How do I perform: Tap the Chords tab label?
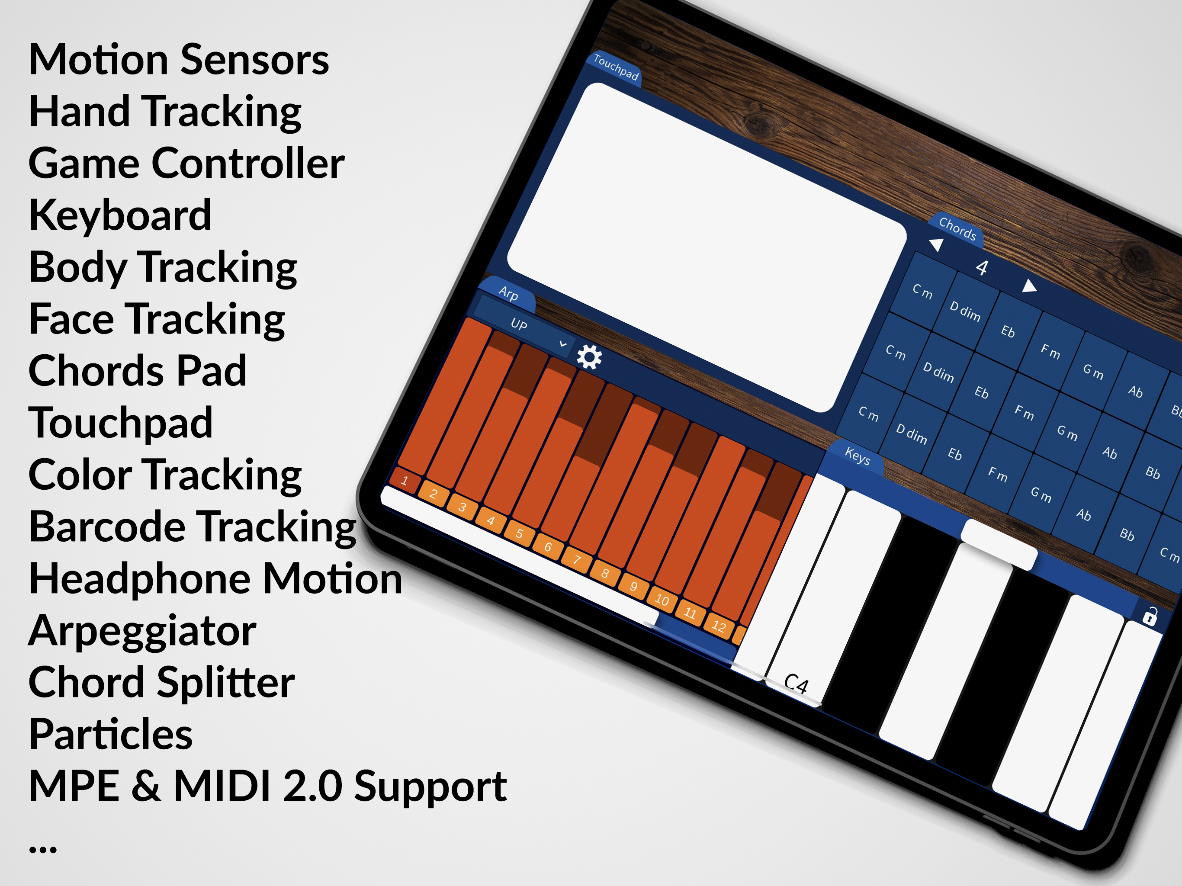[957, 228]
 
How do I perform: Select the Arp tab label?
[508, 293]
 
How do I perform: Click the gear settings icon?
[589, 356]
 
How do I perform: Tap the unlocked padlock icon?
[1150, 616]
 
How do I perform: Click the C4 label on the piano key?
[796, 684]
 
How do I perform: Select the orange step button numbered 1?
[405, 480]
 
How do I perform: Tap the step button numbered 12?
[719, 626]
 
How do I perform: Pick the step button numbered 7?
[577, 559]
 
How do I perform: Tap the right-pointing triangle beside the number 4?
[1029, 286]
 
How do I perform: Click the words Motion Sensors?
[179, 59]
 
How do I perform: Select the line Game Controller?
[187, 163]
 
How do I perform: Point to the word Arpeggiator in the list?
[143, 632]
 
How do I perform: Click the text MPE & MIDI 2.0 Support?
[268, 786]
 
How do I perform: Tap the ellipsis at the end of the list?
[43, 849]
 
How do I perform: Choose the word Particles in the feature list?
[111, 734]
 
